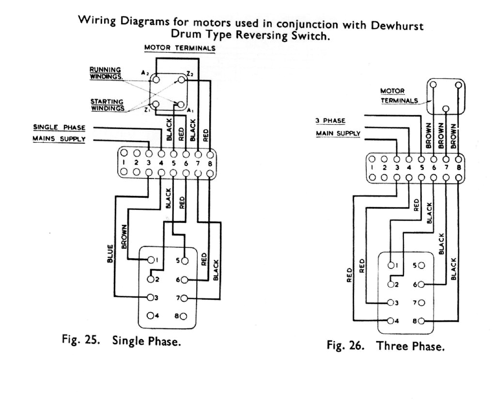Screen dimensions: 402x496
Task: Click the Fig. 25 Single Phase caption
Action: [122, 340]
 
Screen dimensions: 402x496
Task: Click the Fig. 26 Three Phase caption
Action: [386, 346]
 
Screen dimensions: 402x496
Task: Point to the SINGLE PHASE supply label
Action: [59, 127]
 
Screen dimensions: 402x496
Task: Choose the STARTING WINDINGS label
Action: [106, 104]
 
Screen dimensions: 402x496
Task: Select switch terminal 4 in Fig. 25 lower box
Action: [150, 315]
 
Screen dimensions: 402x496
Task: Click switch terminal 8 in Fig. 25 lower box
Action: [184, 316]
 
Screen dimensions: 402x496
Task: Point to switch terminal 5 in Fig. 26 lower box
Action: [421, 266]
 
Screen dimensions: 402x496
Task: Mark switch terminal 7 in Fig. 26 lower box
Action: [421, 303]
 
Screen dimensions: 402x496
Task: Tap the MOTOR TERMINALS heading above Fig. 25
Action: [179, 48]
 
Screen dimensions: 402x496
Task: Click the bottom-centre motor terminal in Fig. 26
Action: [446, 109]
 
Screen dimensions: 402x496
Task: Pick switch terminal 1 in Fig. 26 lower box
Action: [392, 265]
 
